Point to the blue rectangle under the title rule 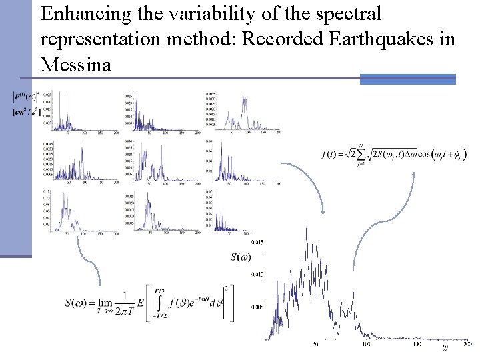(407, 79)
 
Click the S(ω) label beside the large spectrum (241, 257)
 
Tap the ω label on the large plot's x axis (445, 349)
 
